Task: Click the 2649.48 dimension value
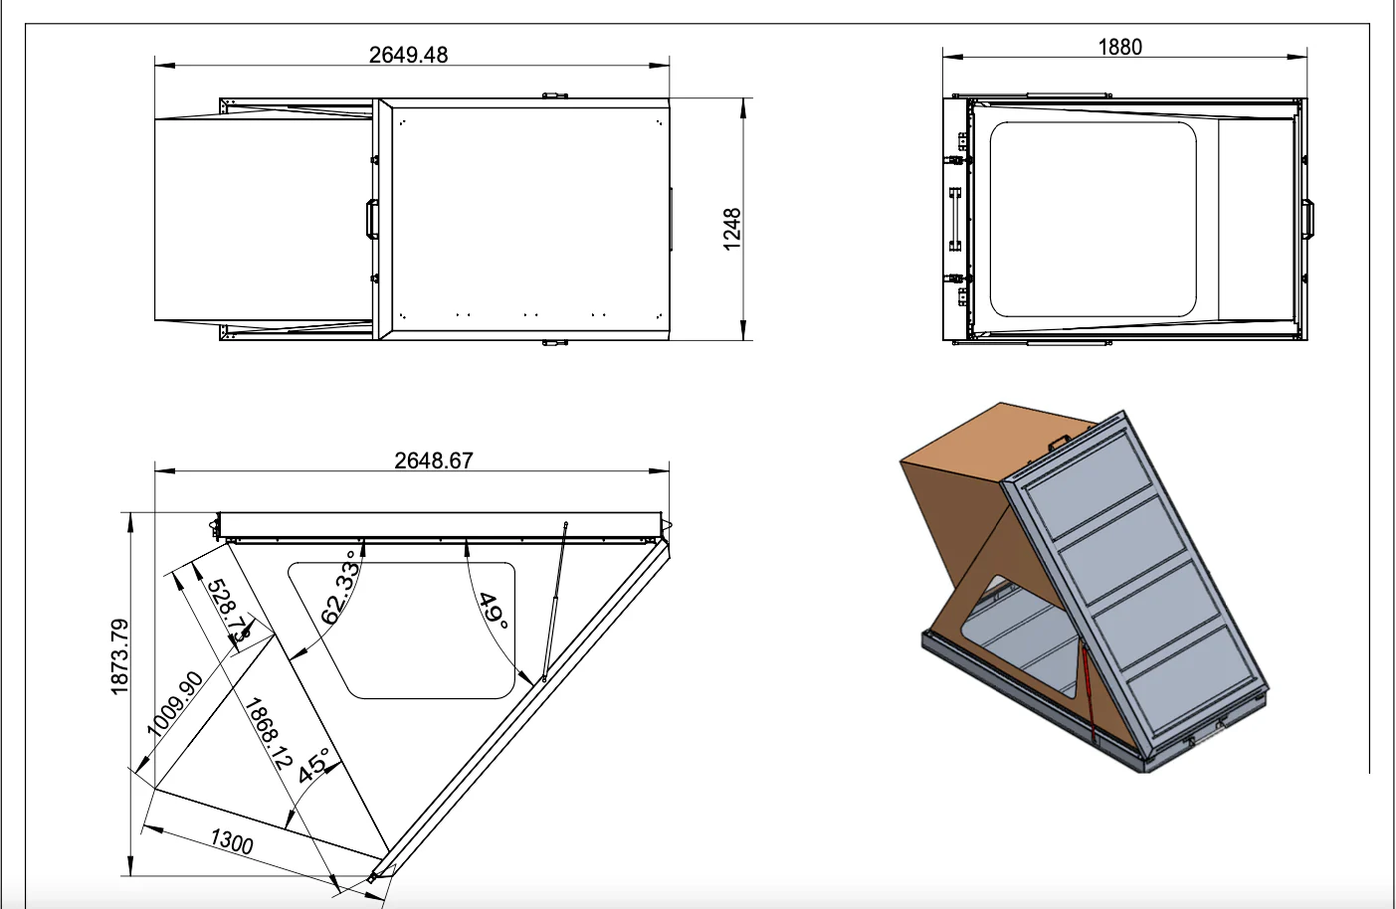408,55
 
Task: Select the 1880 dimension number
1119,47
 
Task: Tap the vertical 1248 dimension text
732,229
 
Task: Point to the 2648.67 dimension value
433,460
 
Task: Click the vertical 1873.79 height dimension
120,656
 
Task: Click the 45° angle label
314,764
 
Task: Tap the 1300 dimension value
232,841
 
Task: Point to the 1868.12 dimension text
269,733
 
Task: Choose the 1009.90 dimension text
175,704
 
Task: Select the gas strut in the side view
554,602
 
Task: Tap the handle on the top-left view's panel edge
371,219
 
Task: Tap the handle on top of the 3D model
1058,441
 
